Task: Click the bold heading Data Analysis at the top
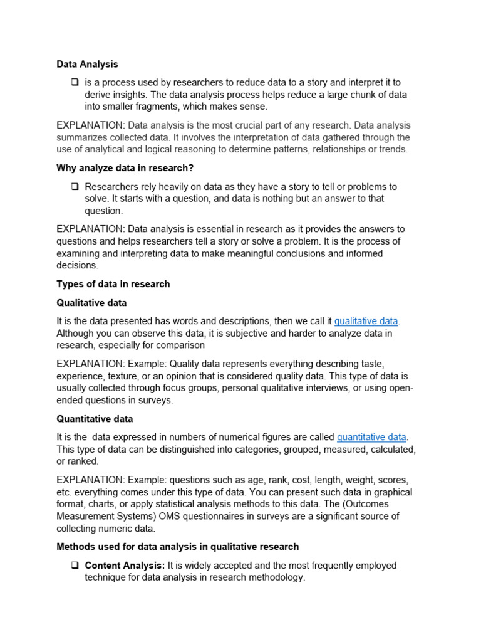(87, 64)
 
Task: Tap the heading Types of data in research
(113, 284)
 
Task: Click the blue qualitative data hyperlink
(366, 321)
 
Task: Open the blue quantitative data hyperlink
(371, 437)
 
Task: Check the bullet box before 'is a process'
(75, 82)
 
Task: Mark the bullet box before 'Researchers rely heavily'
(75, 187)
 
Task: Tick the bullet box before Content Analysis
(75, 566)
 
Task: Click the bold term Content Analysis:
(125, 566)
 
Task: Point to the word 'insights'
(133, 95)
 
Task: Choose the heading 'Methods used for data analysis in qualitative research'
(177, 547)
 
